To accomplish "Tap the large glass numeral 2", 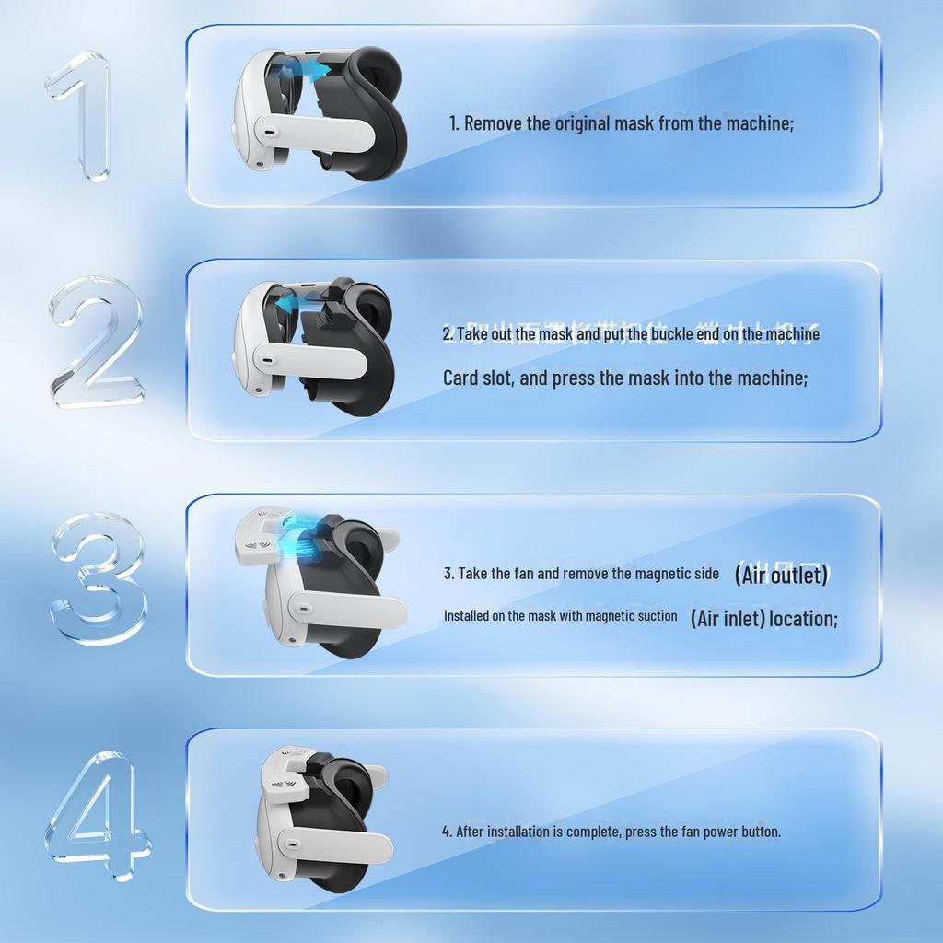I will pyautogui.click(x=96, y=343).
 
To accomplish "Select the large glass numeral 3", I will pyautogui.click(x=98, y=578).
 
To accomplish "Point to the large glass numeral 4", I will pyautogui.click(x=96, y=814).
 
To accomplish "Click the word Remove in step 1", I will pyautogui.click(x=493, y=122).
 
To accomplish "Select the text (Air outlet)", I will pyautogui.click(x=781, y=575).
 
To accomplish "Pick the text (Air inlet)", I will pyautogui.click(x=728, y=618).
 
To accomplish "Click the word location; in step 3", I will pyautogui.click(x=804, y=618).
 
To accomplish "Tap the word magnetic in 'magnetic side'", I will pyautogui.click(x=664, y=574).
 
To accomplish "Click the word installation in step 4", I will pyautogui.click(x=518, y=831).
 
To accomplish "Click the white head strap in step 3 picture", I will pyautogui.click(x=348, y=609).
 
